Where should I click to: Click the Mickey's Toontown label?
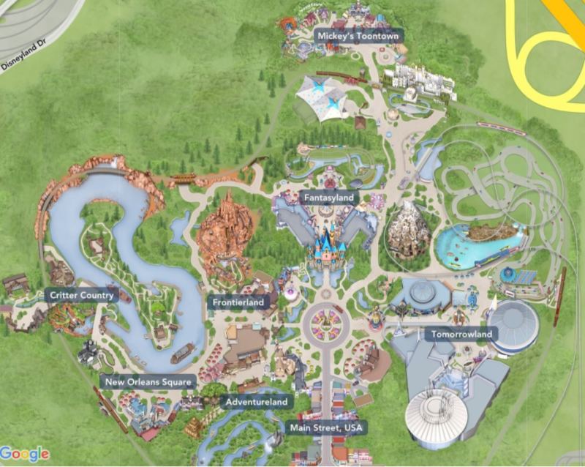pyautogui.click(x=359, y=36)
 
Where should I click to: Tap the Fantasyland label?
pyautogui.click(x=328, y=198)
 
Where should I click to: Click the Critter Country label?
pyautogui.click(x=81, y=296)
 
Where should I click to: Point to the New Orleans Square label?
pyautogui.click(x=148, y=381)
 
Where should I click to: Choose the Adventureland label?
pyautogui.click(x=257, y=401)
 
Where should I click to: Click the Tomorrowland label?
pyautogui.click(x=461, y=335)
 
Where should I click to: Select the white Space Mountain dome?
pyautogui.click(x=437, y=418)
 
